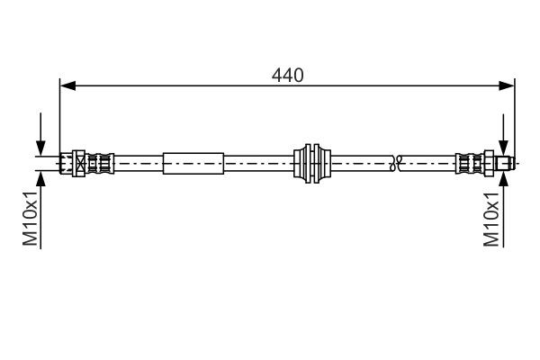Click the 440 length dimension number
[x=287, y=76]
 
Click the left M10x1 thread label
[x=30, y=219]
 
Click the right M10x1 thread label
[x=492, y=219]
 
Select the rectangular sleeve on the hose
[x=193, y=164]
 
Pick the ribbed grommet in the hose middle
[x=313, y=164]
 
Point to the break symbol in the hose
[x=394, y=164]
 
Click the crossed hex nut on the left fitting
[x=81, y=164]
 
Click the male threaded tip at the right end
[x=506, y=164]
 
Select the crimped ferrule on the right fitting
[x=470, y=164]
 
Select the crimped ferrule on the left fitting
[x=103, y=164]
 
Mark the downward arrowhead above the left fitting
[x=40, y=149]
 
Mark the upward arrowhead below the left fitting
[x=40, y=177]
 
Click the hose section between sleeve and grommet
[x=259, y=164]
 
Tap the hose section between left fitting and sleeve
[x=139, y=164]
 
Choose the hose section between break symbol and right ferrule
[x=427, y=164]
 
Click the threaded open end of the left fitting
[x=65, y=164]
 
